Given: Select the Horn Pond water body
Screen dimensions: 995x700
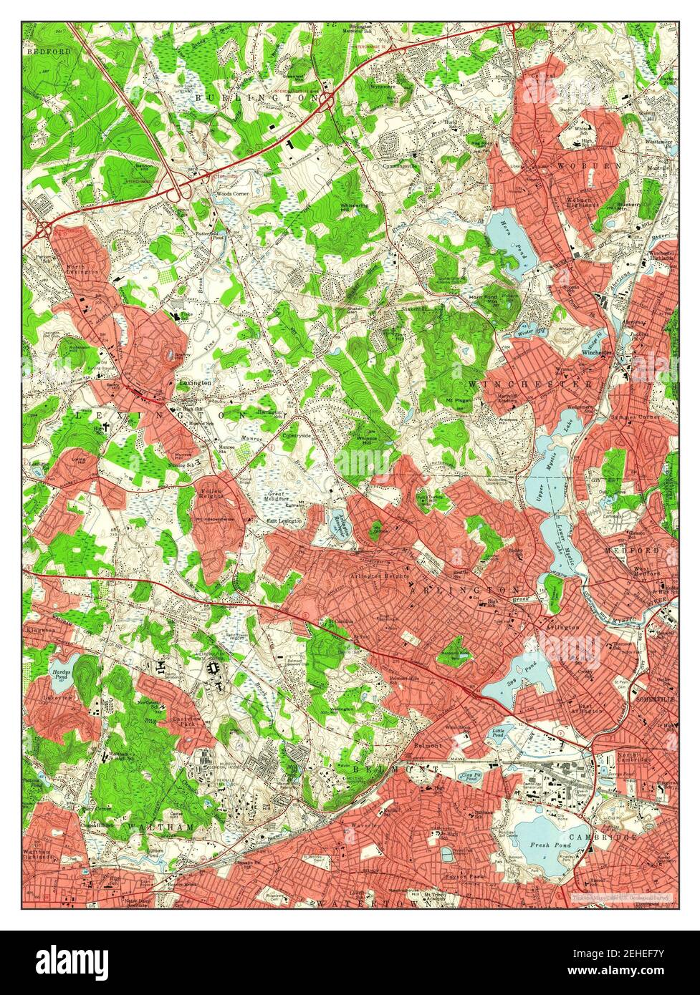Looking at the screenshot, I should pyautogui.click(x=509, y=240).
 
